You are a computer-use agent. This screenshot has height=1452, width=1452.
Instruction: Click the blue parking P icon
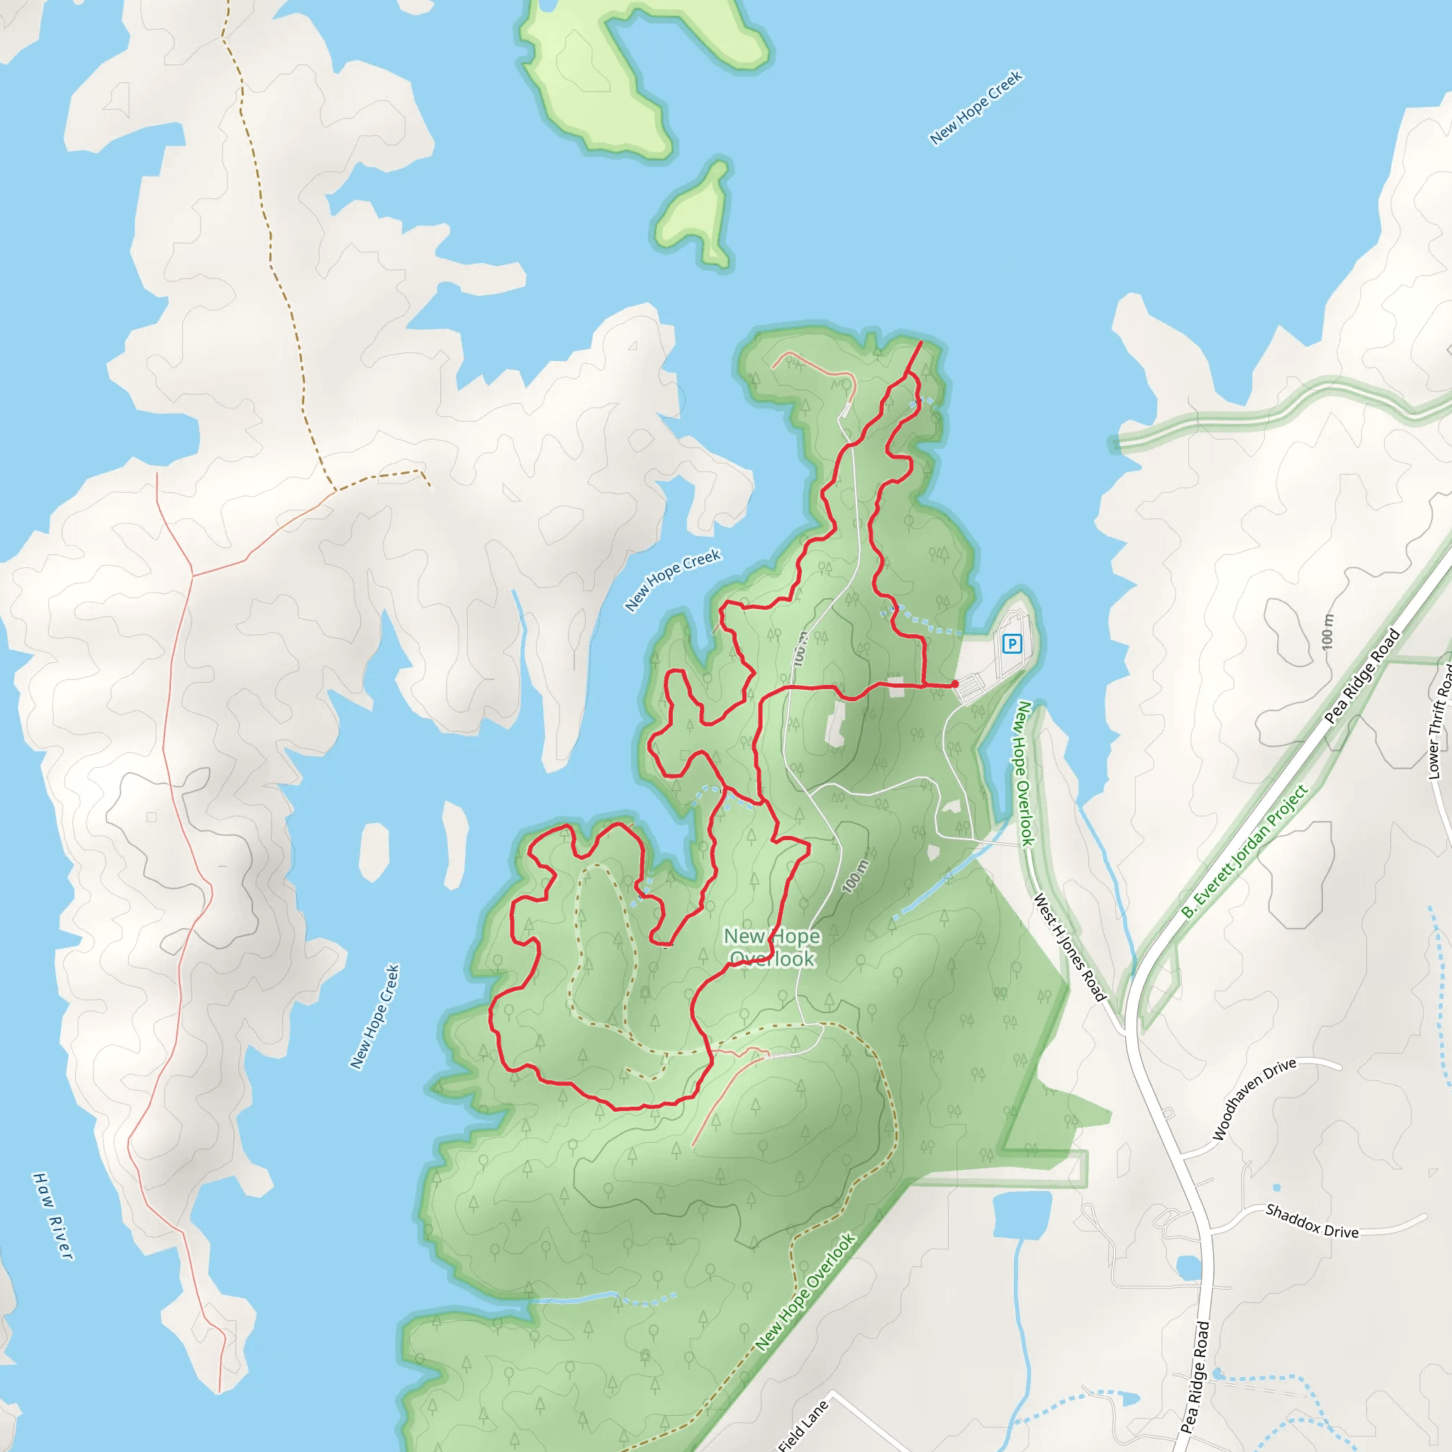(x=1012, y=643)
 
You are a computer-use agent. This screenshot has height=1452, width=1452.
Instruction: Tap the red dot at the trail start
(x=954, y=684)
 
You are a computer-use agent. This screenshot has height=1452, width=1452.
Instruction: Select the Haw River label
(x=52, y=1215)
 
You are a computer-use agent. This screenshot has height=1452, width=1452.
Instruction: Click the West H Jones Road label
(x=1069, y=947)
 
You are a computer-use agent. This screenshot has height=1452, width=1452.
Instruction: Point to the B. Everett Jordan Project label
(x=1244, y=851)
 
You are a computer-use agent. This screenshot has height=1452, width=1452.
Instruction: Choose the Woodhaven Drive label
(x=1254, y=1099)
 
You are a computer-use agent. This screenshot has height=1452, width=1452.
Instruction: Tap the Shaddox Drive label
(x=1312, y=1222)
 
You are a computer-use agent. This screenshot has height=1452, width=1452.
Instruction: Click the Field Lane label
(x=803, y=1426)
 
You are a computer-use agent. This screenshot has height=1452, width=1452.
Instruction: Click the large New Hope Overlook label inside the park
(x=772, y=947)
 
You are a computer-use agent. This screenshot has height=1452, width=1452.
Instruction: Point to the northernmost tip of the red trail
(x=922, y=342)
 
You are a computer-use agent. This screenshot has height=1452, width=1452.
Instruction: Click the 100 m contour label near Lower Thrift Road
(x=1327, y=631)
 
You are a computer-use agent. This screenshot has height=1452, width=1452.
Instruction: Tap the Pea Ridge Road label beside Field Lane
(x=1195, y=1377)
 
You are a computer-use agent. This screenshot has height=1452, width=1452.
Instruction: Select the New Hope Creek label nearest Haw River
(x=374, y=1016)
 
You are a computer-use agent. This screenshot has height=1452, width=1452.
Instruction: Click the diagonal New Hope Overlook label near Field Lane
(x=805, y=1292)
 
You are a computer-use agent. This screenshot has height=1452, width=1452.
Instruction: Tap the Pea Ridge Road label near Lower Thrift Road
(x=1362, y=676)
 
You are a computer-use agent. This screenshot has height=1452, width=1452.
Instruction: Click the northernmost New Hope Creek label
(x=976, y=108)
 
